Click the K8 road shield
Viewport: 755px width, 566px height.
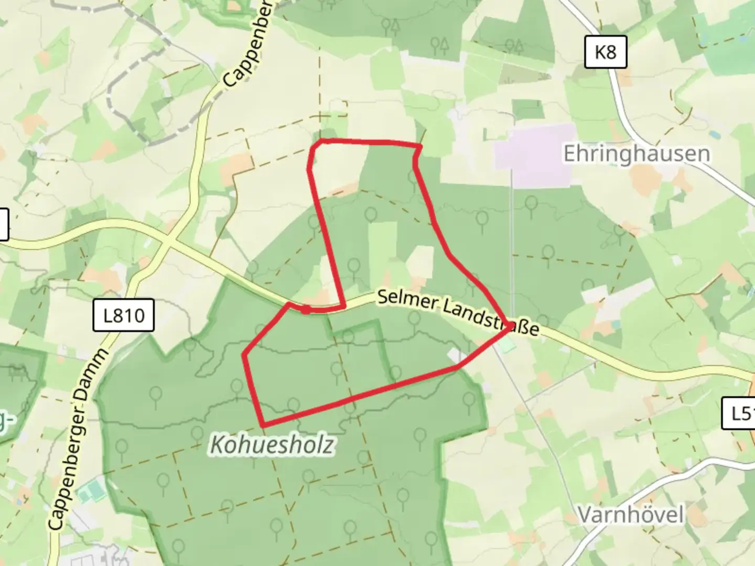coord(606,52)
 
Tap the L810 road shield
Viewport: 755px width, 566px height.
coord(124,315)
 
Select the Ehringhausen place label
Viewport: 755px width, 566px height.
coord(637,154)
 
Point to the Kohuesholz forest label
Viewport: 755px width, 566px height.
coord(272,445)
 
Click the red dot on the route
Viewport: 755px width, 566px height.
coord(306,310)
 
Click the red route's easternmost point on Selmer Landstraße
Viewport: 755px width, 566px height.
coord(511,326)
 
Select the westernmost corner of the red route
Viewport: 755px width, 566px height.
coord(244,355)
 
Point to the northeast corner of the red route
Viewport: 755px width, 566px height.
coord(420,145)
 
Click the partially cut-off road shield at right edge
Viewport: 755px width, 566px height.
coord(740,413)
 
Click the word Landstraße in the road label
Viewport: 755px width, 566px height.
coord(491,318)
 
